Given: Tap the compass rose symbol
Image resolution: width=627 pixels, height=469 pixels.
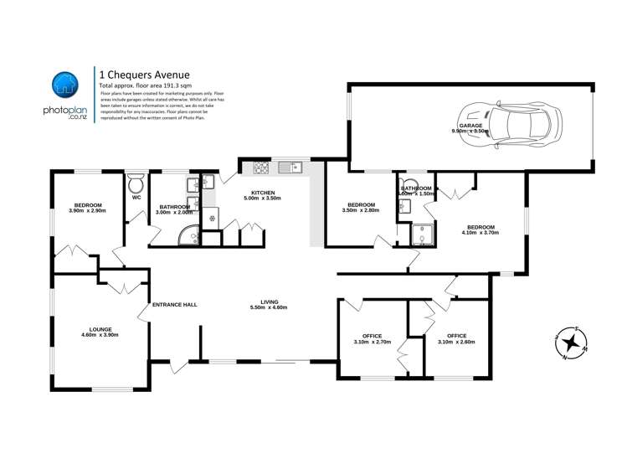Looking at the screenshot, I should [571, 342].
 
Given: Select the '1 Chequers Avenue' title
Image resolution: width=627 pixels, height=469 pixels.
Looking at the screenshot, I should [137, 74].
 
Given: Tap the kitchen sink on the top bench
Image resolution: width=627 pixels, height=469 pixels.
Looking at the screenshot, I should [291, 167].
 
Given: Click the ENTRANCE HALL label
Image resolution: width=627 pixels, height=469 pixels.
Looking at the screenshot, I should [174, 304].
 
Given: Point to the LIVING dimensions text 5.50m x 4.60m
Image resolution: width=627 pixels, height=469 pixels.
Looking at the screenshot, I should [269, 308].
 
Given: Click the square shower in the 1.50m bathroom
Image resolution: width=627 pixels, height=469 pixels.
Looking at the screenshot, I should [423, 236].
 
